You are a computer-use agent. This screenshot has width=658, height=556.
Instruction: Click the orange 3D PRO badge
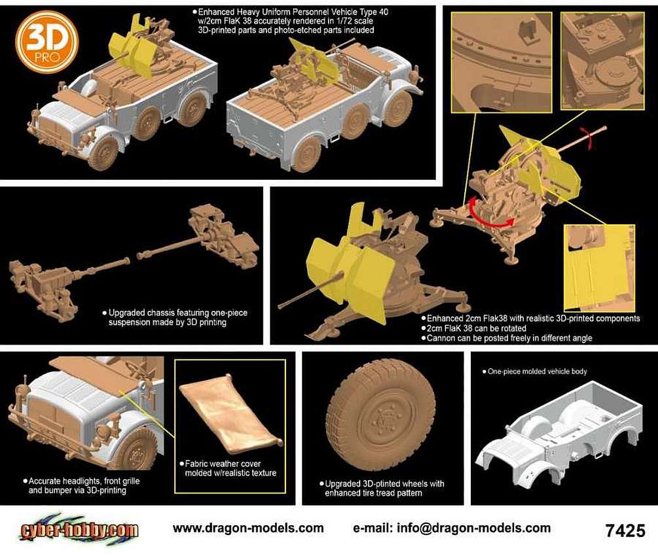click(47, 42)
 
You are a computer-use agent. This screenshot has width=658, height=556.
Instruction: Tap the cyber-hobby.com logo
click(79, 530)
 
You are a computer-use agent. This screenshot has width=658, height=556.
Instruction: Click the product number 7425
click(625, 530)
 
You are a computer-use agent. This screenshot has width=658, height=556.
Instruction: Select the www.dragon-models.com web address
click(248, 528)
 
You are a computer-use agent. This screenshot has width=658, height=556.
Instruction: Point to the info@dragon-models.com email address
click(452, 528)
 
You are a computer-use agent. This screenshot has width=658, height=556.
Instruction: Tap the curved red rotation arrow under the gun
click(489, 214)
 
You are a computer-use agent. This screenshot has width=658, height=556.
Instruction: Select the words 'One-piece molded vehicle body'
click(537, 372)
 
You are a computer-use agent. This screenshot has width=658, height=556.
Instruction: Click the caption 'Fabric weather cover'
click(223, 464)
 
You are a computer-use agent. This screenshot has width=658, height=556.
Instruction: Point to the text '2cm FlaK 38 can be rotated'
click(476, 328)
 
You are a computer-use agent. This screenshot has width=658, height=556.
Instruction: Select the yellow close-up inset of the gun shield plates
click(599, 268)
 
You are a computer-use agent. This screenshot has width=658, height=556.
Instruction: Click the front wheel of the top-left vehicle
click(103, 153)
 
